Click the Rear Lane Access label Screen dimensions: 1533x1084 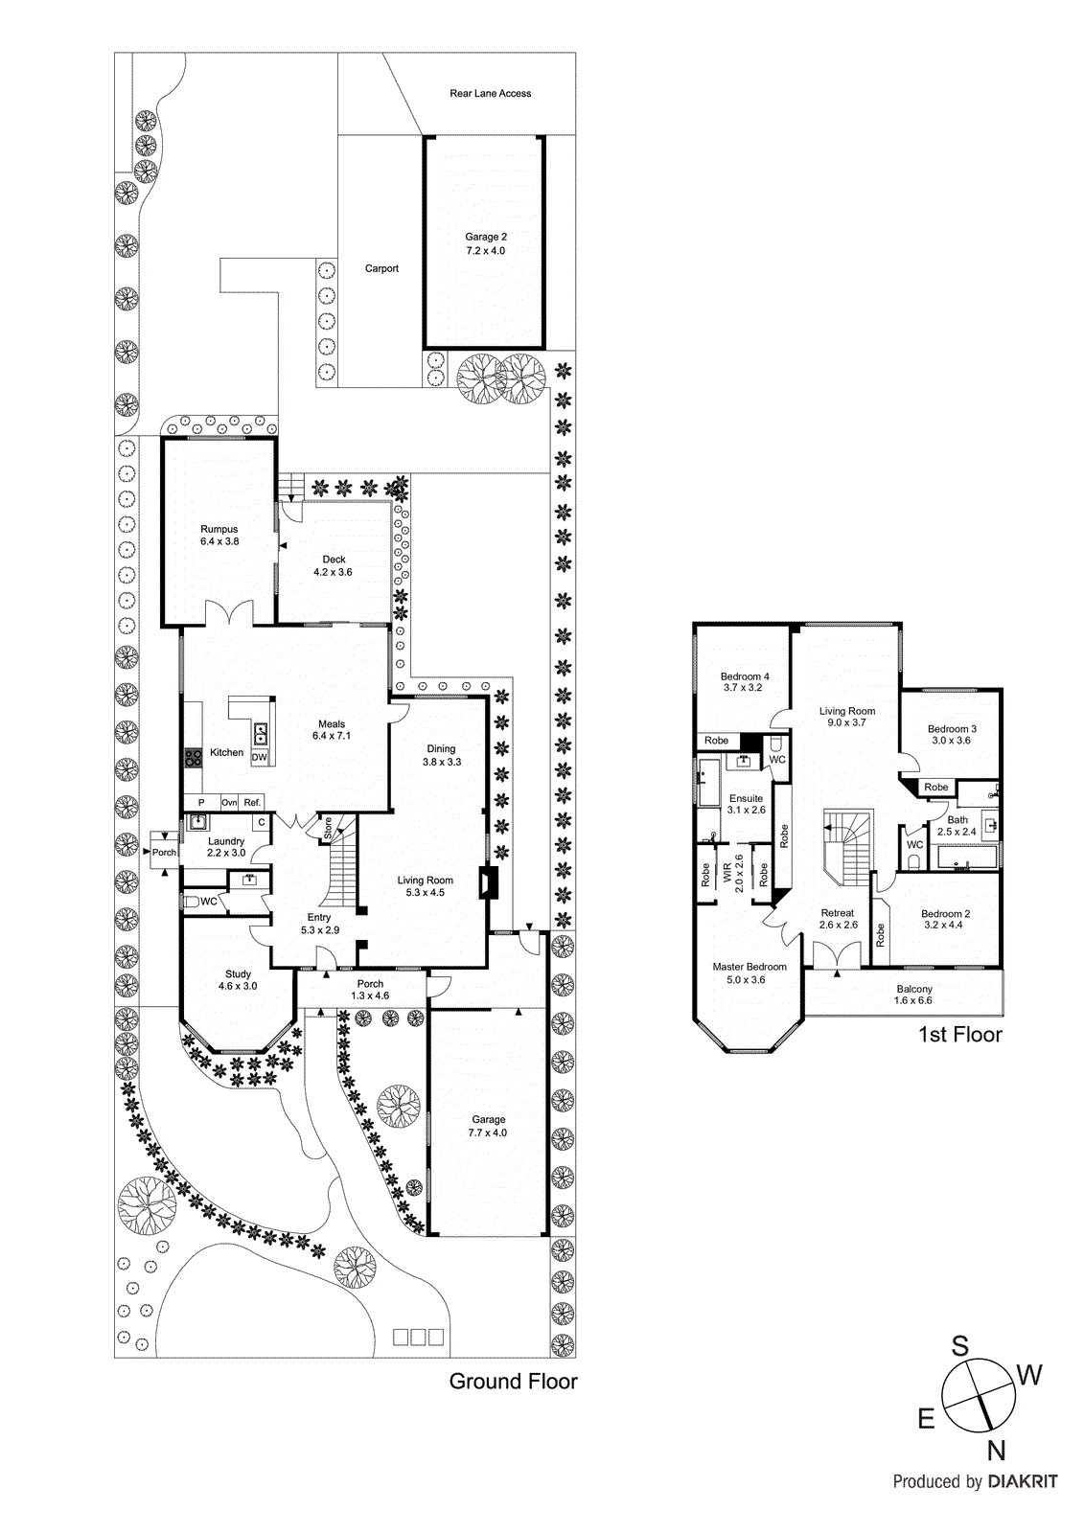pos(490,93)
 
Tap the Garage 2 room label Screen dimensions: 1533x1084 pos(486,243)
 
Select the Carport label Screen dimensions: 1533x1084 pos(381,268)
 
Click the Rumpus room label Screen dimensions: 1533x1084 pos(219,535)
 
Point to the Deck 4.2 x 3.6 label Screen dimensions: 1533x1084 pos(333,565)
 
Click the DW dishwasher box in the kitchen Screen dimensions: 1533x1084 pos(259,757)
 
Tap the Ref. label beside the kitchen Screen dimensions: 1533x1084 pos(252,802)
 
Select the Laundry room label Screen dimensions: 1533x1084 pos(226,847)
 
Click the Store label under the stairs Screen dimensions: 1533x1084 pos(328,828)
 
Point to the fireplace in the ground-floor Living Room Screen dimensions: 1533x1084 pos(490,881)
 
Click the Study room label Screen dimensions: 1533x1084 pos(238,979)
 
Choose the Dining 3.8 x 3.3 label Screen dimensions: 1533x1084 pos(442,755)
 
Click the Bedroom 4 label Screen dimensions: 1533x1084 pos(745,681)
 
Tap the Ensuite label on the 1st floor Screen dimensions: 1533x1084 pos(746,804)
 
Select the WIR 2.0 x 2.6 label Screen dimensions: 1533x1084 pos(733,873)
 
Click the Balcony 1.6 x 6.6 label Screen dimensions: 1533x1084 pos(913,995)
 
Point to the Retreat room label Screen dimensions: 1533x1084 pos(838,919)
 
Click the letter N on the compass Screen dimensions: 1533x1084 pos(996,1451)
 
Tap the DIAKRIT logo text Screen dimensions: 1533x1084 pos(1022,1481)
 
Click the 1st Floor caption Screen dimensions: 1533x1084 pos(959,1035)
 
